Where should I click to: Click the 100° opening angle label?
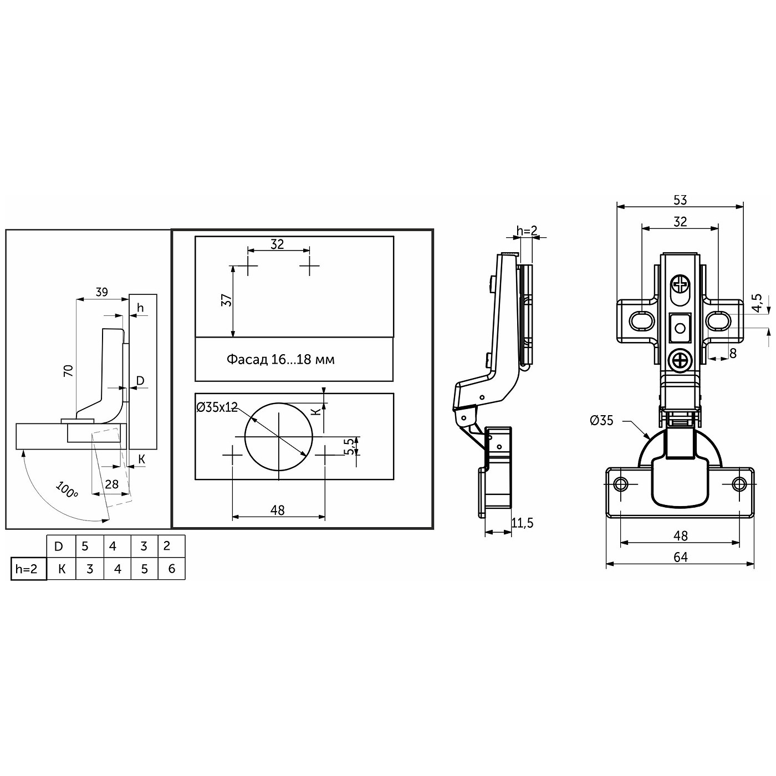click(67, 489)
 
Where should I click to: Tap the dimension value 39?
click(102, 292)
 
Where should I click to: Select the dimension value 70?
click(69, 370)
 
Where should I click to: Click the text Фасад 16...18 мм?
click(280, 359)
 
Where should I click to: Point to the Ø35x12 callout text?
click(217, 407)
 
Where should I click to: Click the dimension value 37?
click(227, 300)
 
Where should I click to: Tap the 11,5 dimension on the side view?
click(522, 523)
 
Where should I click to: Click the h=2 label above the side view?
click(527, 231)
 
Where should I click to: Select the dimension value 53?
click(680, 200)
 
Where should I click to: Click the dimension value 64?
click(681, 557)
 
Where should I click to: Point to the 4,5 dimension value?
click(757, 302)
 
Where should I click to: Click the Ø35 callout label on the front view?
click(601, 421)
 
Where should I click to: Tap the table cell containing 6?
click(172, 569)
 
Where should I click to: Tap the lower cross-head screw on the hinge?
click(680, 359)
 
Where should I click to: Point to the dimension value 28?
click(112, 484)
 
